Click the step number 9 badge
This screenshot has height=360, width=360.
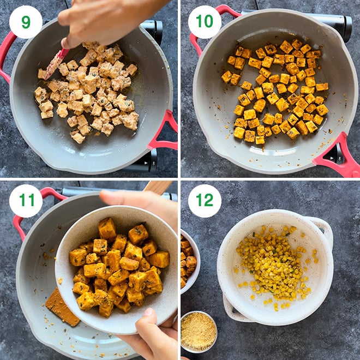pos(26,22)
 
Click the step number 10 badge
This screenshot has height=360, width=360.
pos(205,22)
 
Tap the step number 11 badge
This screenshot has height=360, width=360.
pos(26,201)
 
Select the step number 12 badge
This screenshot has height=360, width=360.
pos(205,201)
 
